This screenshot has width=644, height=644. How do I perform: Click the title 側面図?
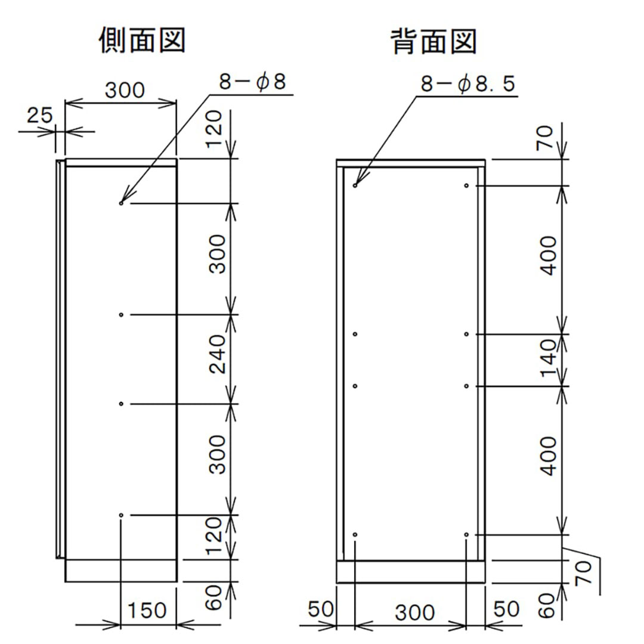tap(142, 42)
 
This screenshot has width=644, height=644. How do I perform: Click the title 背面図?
tap(434, 42)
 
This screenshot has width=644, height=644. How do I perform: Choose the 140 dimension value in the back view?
tap(549, 359)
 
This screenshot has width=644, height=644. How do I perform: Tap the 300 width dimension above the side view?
tap(125, 91)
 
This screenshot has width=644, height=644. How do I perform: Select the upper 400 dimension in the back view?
tap(549, 255)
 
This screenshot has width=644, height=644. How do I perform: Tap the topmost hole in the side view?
tap(121, 203)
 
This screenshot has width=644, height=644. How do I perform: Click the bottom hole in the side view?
tap(121, 515)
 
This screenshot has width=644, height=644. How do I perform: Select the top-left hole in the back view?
tap(355, 185)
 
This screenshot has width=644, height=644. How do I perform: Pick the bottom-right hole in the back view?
tap(466, 534)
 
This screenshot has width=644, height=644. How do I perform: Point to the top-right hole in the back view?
tap(466, 185)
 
